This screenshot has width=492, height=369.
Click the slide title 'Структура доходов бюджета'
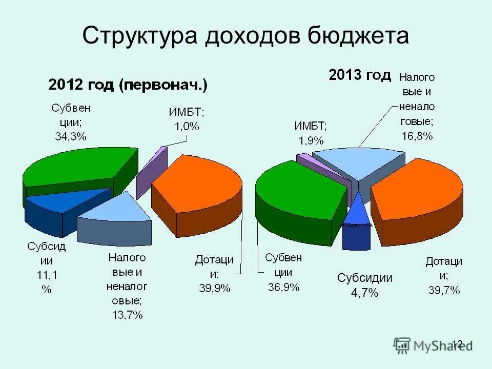point(245,36)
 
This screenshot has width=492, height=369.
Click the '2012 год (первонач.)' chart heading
point(128,85)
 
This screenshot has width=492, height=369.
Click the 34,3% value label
point(71,136)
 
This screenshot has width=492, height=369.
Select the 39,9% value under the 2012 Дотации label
point(215,289)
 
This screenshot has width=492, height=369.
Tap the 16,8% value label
point(417,136)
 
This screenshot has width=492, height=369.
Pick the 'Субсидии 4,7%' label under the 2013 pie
point(364,285)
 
